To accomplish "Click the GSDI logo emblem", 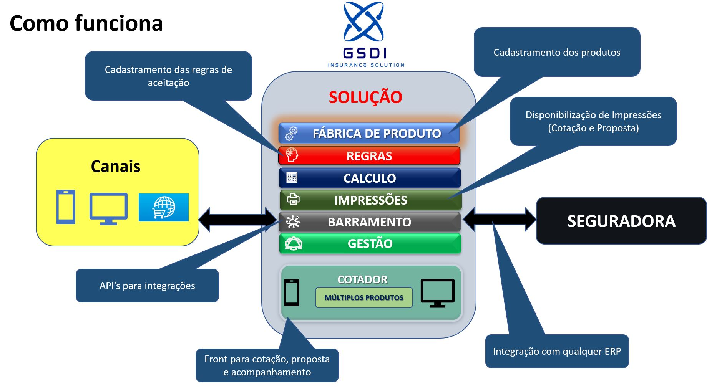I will click(363, 22).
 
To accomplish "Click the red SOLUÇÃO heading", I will click(365, 97).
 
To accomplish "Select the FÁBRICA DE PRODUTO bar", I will click(369, 133).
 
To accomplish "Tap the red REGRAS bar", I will click(369, 156).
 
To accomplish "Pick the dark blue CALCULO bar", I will click(369, 178).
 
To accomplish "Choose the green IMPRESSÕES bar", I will click(370, 200).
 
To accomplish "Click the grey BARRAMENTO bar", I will click(369, 222).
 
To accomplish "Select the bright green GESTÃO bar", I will click(370, 243).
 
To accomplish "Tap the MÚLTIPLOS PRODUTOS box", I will click(364, 297).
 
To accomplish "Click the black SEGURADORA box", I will click(621, 221).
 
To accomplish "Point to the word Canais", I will click(116, 166).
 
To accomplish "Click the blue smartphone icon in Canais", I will click(66, 207).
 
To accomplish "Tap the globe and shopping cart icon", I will click(164, 207).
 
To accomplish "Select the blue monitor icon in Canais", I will click(108, 208).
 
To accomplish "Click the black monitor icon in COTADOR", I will click(438, 293).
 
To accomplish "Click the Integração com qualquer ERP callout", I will click(557, 351).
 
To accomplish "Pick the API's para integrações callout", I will click(147, 286).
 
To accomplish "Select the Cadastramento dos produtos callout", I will click(557, 52).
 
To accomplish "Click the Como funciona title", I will click(86, 23).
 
